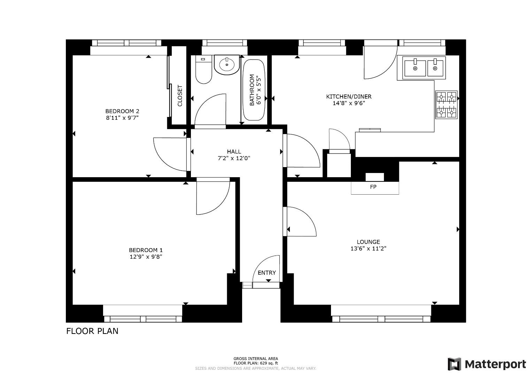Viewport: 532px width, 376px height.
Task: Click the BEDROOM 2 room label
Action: click(122, 111)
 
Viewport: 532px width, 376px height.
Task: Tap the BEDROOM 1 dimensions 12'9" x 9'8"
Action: click(146, 257)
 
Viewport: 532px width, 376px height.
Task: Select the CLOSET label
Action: click(180, 96)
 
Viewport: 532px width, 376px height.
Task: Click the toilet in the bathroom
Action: click(203, 70)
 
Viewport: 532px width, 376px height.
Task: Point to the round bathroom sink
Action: click(227, 64)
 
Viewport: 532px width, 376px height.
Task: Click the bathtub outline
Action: click(254, 90)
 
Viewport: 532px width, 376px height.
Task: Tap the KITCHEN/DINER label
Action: click(349, 97)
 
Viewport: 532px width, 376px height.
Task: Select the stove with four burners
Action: click(446, 105)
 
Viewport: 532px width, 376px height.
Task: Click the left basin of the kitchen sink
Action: click(415, 68)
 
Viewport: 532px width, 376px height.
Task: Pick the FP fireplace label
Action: click(373, 187)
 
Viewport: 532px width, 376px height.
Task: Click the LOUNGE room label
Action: click(368, 242)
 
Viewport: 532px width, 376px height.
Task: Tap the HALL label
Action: click(234, 151)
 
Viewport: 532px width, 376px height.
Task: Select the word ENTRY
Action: click(267, 273)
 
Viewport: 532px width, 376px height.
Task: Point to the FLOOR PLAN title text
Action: click(92, 331)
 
